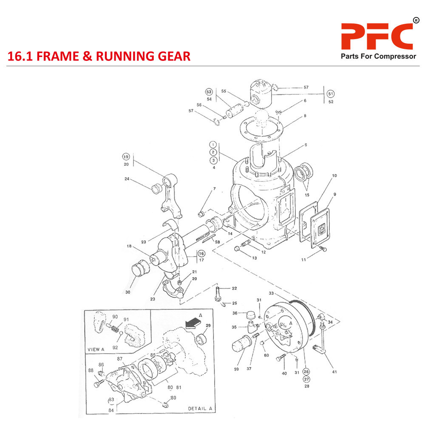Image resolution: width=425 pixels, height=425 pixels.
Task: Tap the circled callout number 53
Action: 209,92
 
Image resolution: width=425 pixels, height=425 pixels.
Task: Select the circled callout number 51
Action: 331,94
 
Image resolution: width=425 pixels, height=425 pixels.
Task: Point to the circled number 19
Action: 126,156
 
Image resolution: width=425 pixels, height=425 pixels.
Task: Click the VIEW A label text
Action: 96,349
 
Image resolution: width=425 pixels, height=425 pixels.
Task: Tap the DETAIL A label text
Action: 200,408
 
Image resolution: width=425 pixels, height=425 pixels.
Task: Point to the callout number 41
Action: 334,372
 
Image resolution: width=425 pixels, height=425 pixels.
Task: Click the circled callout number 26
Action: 306,371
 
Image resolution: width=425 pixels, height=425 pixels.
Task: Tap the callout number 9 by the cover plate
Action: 335,195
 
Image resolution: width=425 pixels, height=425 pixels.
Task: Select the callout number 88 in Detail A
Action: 91,370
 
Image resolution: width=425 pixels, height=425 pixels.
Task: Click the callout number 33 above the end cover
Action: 271,293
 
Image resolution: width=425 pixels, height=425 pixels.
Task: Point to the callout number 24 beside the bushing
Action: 127,179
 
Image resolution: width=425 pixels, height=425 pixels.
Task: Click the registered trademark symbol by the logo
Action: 416,20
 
